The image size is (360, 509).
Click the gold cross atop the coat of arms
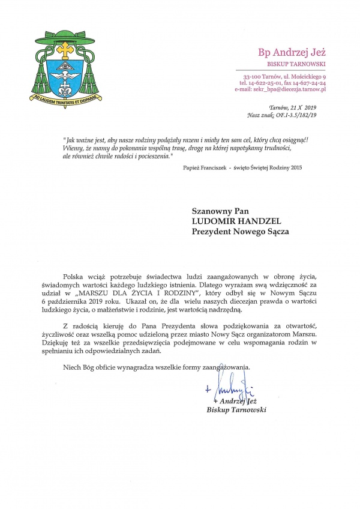click(64, 49)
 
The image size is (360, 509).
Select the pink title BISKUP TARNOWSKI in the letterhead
click(296, 63)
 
